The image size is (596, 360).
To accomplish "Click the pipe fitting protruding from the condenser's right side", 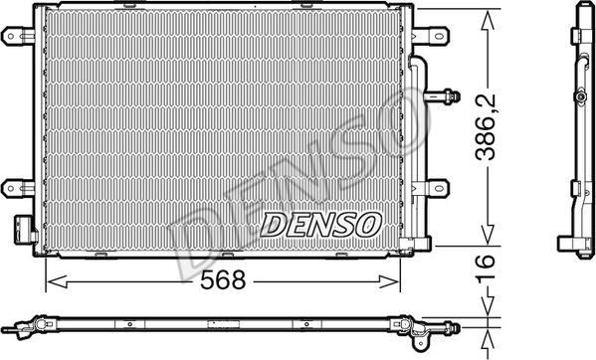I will [445, 96].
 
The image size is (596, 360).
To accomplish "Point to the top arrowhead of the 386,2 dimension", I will [489, 18].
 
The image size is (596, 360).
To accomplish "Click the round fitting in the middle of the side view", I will [580, 97].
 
